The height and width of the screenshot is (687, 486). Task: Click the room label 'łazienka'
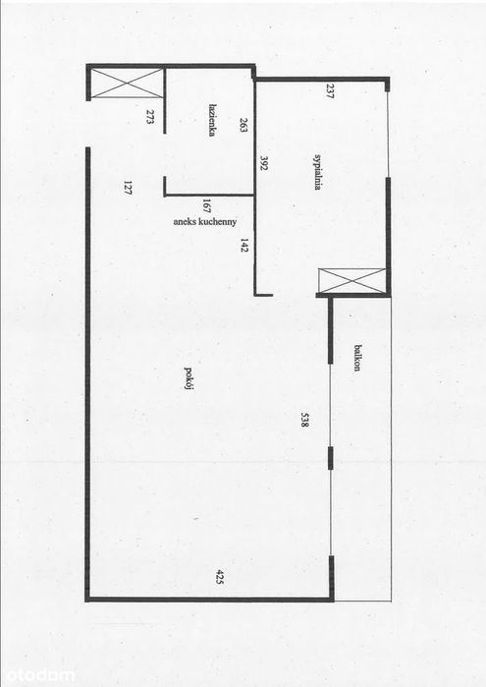212,121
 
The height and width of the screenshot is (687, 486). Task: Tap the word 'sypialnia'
318,172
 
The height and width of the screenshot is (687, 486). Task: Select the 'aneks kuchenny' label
205,222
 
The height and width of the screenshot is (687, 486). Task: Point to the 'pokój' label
189,378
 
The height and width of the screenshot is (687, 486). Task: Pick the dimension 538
305,420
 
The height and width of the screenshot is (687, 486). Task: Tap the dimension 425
220,578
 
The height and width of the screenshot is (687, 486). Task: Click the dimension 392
264,163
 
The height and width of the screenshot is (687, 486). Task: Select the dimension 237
330,90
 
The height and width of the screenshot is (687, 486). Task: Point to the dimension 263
244,125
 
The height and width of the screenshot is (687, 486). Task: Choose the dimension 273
150,117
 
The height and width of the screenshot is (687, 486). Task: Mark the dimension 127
128,188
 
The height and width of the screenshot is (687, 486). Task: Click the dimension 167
206,205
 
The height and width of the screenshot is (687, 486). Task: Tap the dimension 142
244,246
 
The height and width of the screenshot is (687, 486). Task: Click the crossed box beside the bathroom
128,83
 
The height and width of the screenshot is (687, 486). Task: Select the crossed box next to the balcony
352,280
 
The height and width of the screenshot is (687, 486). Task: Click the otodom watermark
37,675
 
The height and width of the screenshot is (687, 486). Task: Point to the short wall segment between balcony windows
331,458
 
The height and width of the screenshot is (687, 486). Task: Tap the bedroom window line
388,135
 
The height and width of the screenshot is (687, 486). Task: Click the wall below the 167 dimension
209,195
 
